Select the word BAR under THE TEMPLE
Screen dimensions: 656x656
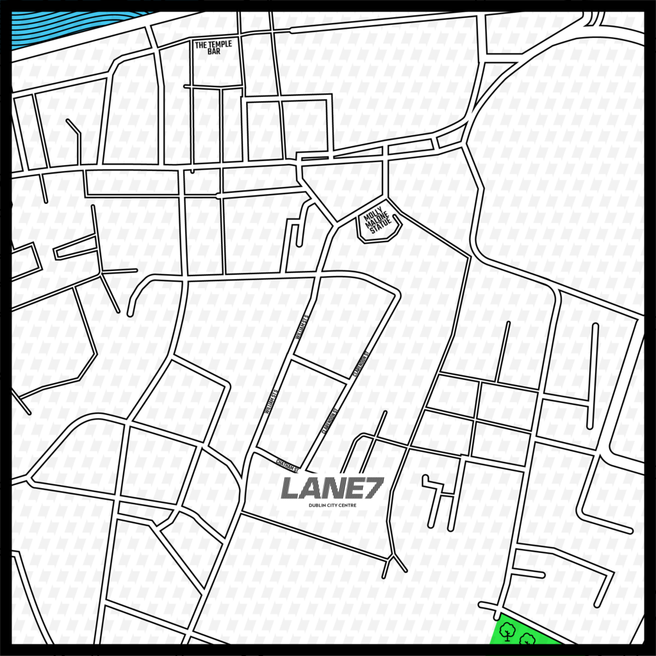coord(204,53)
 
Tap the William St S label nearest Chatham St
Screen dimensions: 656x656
coord(269,404)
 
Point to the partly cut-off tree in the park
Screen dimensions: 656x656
coord(527,639)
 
